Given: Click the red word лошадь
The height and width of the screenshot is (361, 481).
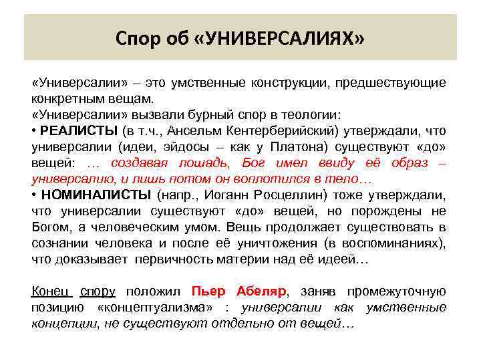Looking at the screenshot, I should (201, 162).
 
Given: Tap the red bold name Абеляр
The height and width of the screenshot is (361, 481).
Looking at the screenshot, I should (261, 291).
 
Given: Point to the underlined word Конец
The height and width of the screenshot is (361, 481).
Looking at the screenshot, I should (52, 291).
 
